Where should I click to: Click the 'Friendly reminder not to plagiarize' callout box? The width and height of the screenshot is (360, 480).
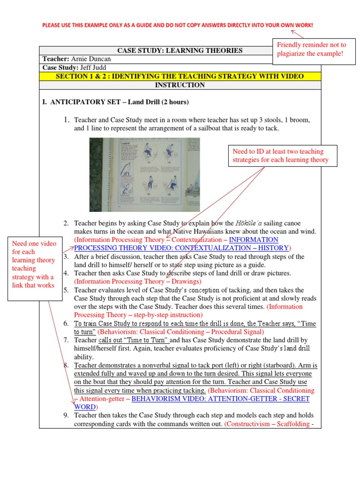coord(311,50)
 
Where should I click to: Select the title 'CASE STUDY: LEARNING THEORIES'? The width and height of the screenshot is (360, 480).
coord(180,51)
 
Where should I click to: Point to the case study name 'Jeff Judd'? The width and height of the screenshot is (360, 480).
coord(89,67)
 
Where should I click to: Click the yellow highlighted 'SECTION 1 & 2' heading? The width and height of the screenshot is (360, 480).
coord(180,76)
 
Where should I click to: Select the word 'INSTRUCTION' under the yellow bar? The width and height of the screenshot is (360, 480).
coord(180,85)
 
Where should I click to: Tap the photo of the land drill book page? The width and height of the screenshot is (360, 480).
coord(145,174)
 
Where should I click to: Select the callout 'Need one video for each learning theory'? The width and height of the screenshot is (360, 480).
coord(34,264)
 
